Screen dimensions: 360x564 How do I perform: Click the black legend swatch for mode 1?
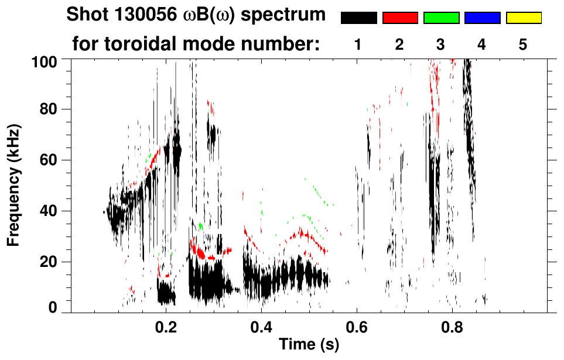(x=359, y=18)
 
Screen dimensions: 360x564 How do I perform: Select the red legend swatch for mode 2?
(x=400, y=18)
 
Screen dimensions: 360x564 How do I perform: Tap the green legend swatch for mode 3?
(x=441, y=18)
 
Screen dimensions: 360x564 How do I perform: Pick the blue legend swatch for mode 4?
(x=482, y=18)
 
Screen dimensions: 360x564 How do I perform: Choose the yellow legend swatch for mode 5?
(x=523, y=18)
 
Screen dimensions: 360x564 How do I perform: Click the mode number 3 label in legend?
(x=441, y=44)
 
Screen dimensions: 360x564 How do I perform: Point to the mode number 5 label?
(x=523, y=44)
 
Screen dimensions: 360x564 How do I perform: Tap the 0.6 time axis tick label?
(x=357, y=325)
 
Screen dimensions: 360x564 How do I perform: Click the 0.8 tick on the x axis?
(x=452, y=325)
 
